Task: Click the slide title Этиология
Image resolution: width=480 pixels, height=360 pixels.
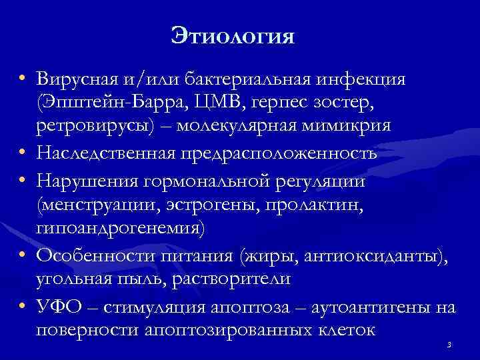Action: (232, 34)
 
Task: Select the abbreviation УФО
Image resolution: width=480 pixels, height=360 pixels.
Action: (59, 307)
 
